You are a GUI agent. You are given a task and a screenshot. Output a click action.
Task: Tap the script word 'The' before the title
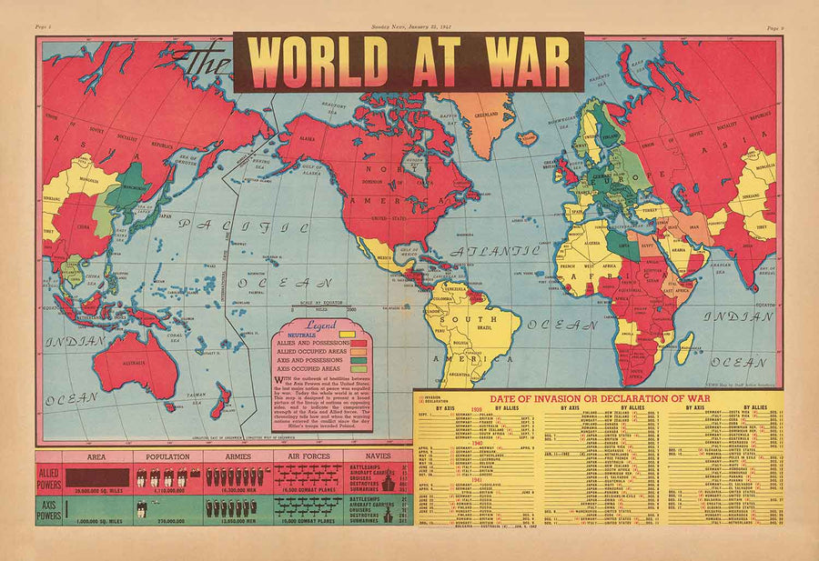pos(204,66)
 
